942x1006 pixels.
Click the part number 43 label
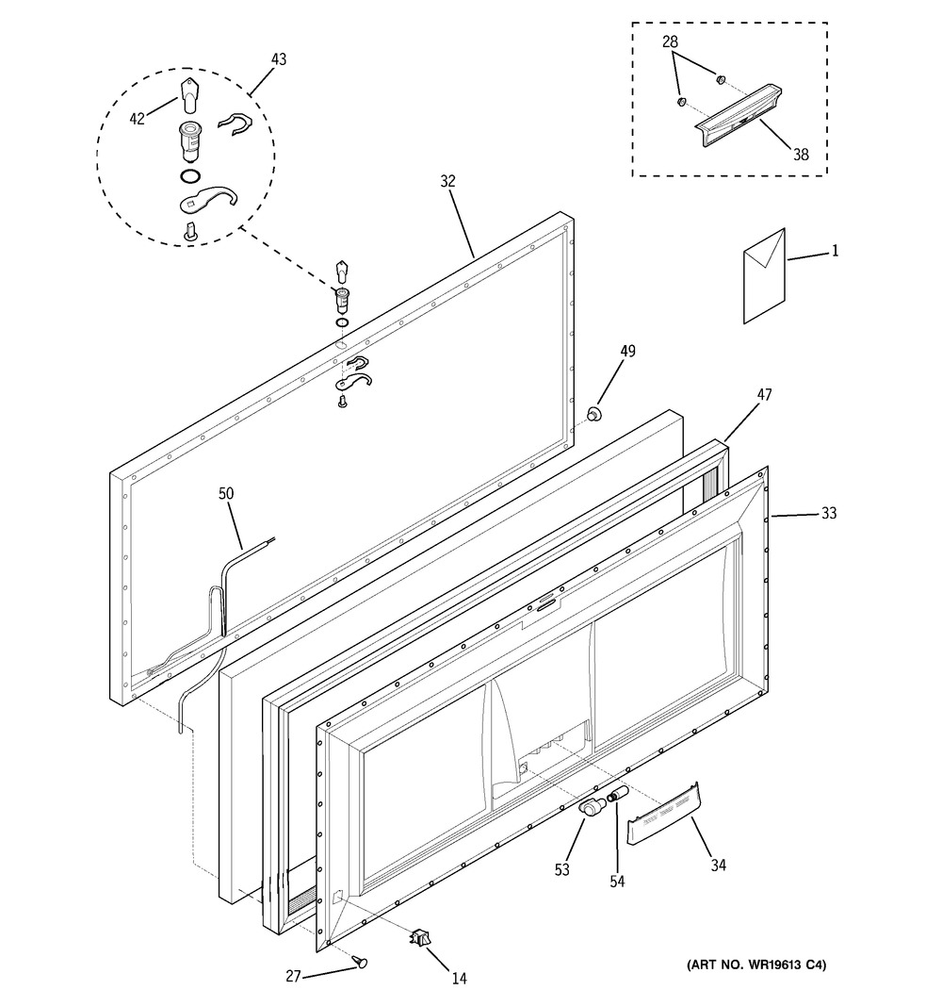279,59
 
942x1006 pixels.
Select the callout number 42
138,119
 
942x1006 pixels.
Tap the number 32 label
447,182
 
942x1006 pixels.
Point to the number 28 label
670,41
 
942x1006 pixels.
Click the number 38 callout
801,155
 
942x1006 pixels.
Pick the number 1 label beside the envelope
835,251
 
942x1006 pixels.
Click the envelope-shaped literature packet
765,276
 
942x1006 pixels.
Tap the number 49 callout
627,351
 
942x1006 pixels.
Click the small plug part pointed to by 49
594,415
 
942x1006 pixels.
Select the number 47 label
765,394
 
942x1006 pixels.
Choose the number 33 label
829,513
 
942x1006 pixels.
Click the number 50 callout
226,493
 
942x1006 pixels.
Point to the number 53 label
562,870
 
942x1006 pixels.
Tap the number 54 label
617,882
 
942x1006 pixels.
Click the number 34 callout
719,866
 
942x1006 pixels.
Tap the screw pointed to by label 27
361,961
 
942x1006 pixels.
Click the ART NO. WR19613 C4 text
756,965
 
